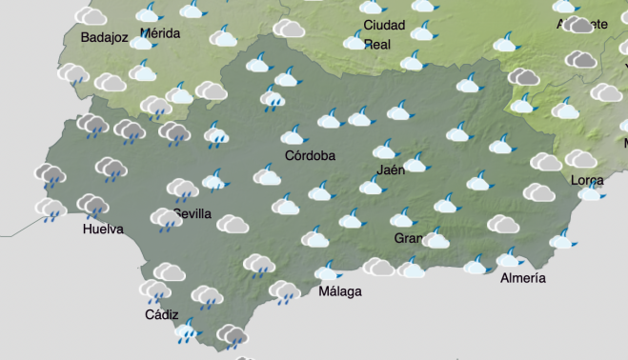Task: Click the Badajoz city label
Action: click(91, 38)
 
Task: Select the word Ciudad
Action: click(384, 26)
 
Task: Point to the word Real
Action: click(377, 44)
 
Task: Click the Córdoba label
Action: click(310, 155)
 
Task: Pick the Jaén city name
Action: click(391, 170)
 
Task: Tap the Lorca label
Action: click(586, 180)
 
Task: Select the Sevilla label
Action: click(193, 214)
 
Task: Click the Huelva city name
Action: click(103, 230)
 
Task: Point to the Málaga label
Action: click(340, 291)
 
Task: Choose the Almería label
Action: click(523, 278)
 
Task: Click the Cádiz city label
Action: click(162, 314)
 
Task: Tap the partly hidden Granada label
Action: click(407, 238)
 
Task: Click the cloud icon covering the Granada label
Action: click(436, 238)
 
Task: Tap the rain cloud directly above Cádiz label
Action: click(154, 291)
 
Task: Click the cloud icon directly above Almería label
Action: click(510, 257)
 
